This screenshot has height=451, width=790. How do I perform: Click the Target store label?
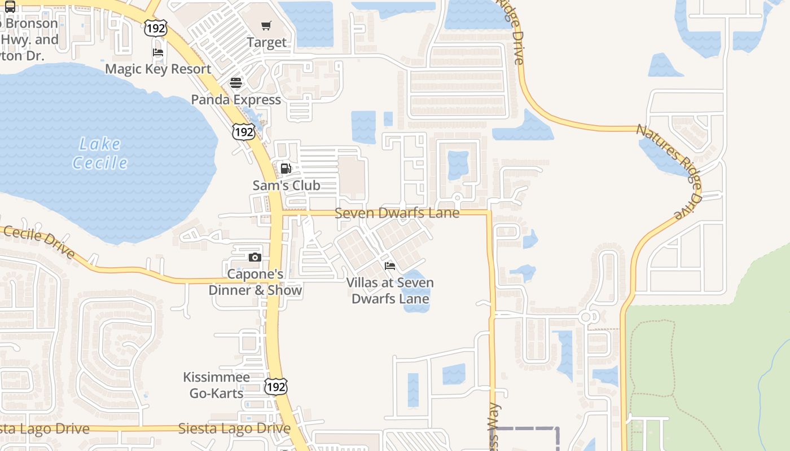click(267, 42)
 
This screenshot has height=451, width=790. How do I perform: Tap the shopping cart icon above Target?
click(266, 25)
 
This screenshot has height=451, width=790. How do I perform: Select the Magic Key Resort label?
click(158, 69)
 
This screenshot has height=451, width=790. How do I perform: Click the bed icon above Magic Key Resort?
click(158, 52)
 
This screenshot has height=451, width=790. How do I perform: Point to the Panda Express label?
click(236, 100)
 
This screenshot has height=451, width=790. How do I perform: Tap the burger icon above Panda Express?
click(236, 83)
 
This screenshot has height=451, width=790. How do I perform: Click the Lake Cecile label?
click(100, 154)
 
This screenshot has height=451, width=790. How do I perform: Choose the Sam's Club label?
click(286, 185)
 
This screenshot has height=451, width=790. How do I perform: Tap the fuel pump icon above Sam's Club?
click(286, 169)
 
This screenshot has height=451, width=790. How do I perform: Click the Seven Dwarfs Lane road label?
click(397, 213)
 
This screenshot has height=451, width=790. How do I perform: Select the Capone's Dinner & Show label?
click(255, 282)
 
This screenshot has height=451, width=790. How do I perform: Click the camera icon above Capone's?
click(255, 258)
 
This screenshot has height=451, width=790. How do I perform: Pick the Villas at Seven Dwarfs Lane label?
click(390, 290)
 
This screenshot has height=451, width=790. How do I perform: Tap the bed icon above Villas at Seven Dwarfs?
click(390, 266)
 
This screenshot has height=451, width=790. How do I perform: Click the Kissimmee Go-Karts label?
click(217, 385)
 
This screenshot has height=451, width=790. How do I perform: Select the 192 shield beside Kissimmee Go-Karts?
click(276, 387)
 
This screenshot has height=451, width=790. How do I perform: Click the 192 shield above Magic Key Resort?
click(155, 28)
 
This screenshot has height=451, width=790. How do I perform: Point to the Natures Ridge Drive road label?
click(669, 169)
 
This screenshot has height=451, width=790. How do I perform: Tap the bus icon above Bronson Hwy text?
click(10, 7)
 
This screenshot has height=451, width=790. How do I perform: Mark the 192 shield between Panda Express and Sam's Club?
click(243, 132)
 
